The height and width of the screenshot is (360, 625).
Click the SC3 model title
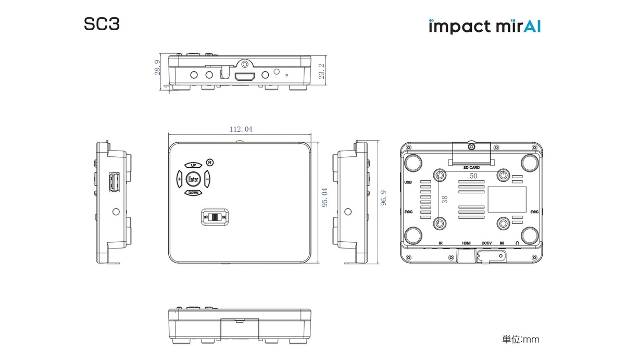[x=102, y=25]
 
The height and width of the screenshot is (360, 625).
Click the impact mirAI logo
[x=484, y=26]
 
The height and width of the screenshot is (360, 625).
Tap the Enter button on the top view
[x=193, y=179]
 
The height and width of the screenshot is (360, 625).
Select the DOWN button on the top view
[x=193, y=193]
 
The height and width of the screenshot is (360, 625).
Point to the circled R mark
[x=209, y=162]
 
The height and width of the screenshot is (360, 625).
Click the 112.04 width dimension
[x=241, y=129]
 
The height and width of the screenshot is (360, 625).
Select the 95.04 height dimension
[x=324, y=197]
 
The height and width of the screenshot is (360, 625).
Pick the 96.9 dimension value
[x=383, y=197]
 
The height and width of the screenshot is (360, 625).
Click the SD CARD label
[x=471, y=168]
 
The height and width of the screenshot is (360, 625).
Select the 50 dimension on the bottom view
[x=473, y=176]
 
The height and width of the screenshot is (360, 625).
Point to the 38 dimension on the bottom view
[x=444, y=200]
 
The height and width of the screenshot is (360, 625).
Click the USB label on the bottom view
[x=408, y=182]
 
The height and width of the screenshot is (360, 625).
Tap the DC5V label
[x=486, y=243]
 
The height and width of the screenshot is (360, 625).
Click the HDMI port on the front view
[x=244, y=77]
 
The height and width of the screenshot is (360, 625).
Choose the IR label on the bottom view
[x=441, y=243]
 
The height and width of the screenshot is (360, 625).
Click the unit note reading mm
[x=521, y=340]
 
